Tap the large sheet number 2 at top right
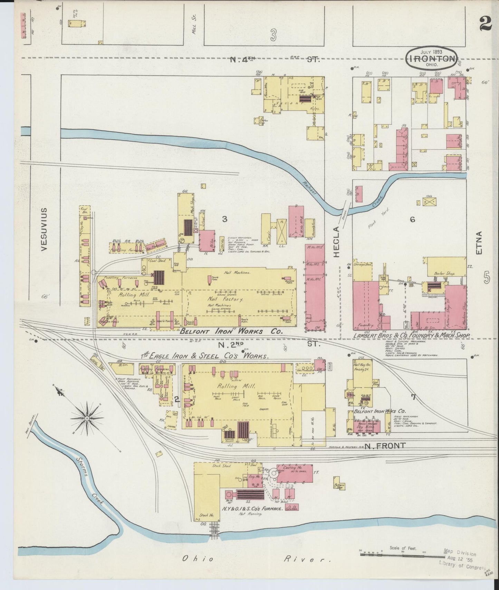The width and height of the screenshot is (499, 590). pos(486,24)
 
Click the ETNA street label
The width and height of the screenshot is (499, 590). pos(479,243)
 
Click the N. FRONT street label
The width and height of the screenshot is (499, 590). pos(385,446)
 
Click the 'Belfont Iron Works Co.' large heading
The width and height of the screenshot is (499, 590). pos(231,332)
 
